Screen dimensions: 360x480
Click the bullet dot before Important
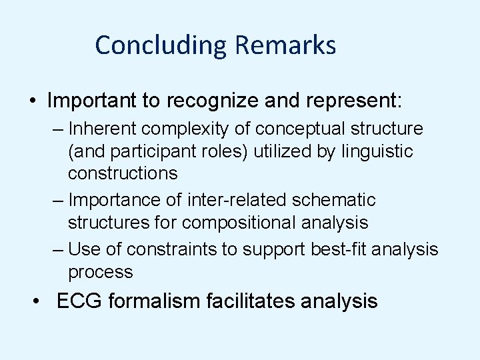(x=33, y=101)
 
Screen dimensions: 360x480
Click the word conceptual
(x=294, y=127)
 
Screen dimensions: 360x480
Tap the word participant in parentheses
(x=150, y=151)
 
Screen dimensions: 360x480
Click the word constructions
(x=123, y=174)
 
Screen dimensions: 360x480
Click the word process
(x=100, y=272)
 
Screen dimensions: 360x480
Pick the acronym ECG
(x=80, y=301)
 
